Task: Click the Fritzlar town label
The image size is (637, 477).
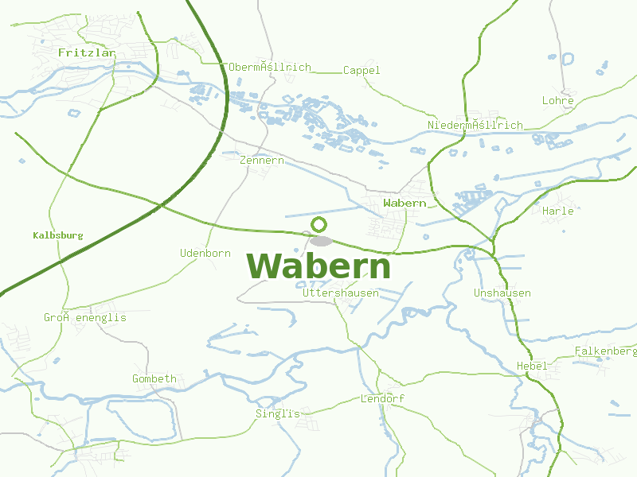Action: coord(87,52)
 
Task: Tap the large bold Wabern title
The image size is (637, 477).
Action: coord(318,266)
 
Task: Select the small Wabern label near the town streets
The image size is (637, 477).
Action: coord(404,204)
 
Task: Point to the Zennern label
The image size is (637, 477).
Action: coord(261,161)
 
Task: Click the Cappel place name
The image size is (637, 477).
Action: coord(361,71)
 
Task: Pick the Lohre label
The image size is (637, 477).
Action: coord(557,101)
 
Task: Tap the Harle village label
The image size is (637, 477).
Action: coord(557,211)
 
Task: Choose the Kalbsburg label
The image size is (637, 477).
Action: coord(58,236)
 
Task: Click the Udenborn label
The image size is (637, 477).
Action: coord(205,254)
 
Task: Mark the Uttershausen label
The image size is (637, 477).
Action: coord(341,293)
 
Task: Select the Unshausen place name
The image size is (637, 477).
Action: coord(502,293)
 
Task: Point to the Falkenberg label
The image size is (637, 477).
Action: coord(605,351)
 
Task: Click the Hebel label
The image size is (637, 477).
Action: coord(532,366)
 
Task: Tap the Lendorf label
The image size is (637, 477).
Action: coord(383,398)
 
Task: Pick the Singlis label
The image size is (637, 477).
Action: coord(278,414)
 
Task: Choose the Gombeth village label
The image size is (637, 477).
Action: coord(154,379)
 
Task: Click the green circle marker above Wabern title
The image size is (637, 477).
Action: coord(319,224)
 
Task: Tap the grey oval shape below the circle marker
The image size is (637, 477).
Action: coord(322,240)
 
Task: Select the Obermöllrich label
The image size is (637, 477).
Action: coord(269,68)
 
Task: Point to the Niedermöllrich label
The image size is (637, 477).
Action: coord(475,126)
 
